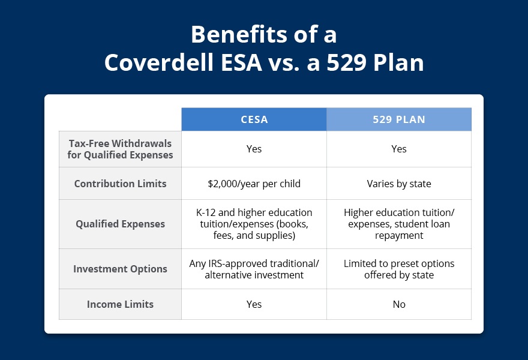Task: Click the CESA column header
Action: [254, 119]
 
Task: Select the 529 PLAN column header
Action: [399, 119]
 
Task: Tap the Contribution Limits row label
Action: [120, 184]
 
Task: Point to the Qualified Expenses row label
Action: [120, 224]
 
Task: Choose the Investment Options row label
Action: [120, 269]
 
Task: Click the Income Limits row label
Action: [120, 304]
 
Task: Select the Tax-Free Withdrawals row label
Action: [120, 149]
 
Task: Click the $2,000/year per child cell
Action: [254, 184]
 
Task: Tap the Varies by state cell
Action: [399, 184]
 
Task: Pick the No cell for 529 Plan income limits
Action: [399, 304]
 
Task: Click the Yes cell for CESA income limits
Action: [254, 304]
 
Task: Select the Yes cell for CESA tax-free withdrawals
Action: [254, 149]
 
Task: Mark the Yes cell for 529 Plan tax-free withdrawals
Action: [399, 149]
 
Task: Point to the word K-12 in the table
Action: [206, 212]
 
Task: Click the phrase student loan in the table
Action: [424, 224]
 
